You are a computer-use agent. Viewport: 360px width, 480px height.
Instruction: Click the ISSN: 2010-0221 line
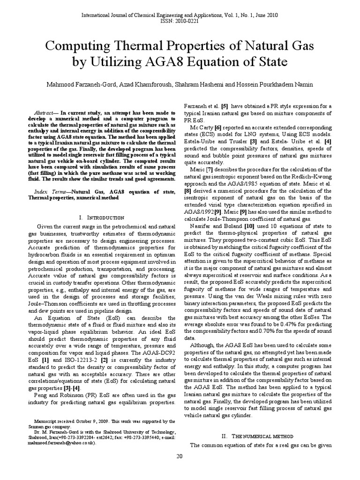pyautogui.click(x=180, y=22)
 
